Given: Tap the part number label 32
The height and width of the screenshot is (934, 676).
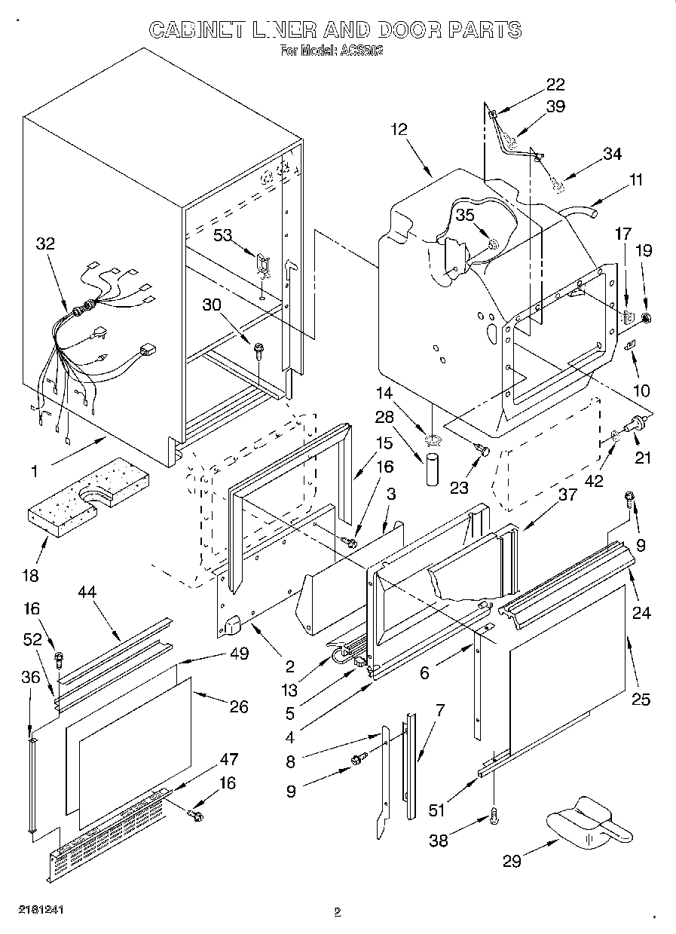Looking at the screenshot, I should pos(45,243).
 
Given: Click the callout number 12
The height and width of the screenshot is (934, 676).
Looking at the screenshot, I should pos(399,129).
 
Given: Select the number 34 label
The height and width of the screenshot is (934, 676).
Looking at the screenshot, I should pos(612,154).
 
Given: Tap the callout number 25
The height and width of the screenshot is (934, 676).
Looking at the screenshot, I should pos(641,699).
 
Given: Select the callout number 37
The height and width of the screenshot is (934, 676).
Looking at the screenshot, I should pos(567,495).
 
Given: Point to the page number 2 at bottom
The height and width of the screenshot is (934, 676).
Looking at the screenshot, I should pos(338,912).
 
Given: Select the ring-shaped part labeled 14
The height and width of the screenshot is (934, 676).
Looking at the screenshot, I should pos(433,439).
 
